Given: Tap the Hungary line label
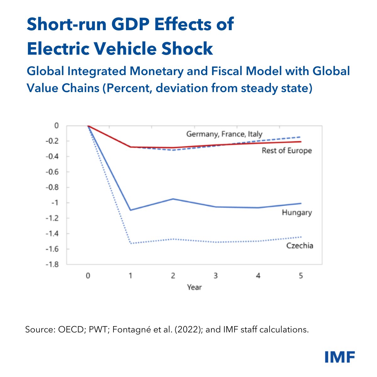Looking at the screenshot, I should [x=297, y=213].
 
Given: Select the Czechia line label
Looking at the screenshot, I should [x=299, y=245].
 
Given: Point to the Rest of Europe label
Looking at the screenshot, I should [x=287, y=151].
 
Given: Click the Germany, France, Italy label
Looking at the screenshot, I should [x=224, y=134].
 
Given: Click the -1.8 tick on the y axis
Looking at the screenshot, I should [x=52, y=265].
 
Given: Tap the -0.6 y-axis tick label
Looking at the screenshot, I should [x=52, y=172].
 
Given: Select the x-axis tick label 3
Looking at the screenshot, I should [x=216, y=276].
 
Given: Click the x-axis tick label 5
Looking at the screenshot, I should [x=301, y=276].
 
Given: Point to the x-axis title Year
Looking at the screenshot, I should [x=194, y=287].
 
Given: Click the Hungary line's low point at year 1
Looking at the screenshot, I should [x=130, y=210].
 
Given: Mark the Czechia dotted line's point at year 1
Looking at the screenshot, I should [x=130, y=243].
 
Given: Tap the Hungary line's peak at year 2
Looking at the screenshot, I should [x=173, y=199].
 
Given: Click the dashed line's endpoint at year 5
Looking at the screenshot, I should [x=301, y=137].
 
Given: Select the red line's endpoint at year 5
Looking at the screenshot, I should [x=301, y=142].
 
